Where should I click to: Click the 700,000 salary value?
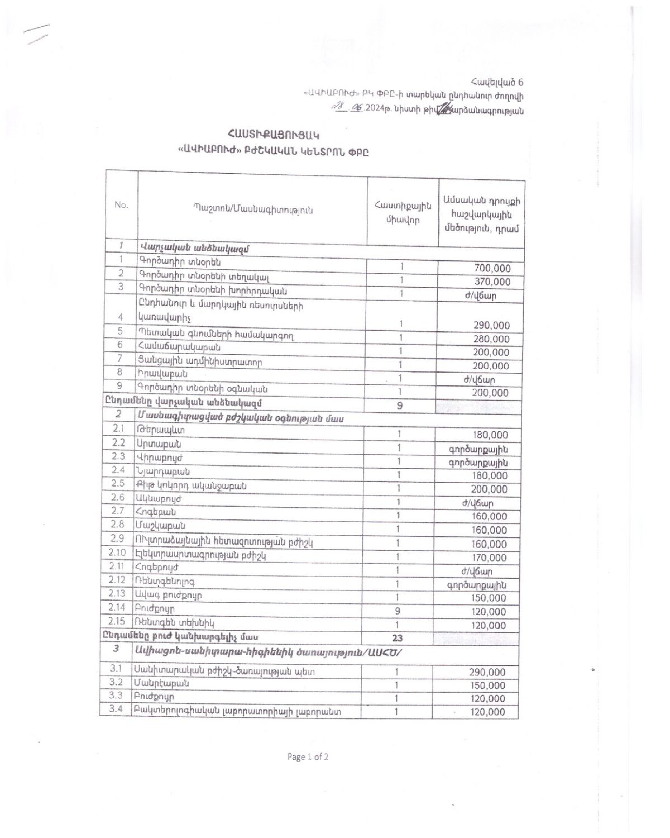click(x=492, y=268)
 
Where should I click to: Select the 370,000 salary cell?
click(x=492, y=282)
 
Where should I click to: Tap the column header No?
click(x=121, y=205)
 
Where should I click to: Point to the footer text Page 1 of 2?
click(x=308, y=757)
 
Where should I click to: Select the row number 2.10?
click(x=117, y=553)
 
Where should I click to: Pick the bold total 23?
click(x=397, y=638)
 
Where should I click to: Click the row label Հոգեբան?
click(x=156, y=512)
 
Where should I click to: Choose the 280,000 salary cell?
click(x=491, y=339)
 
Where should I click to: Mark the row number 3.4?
click(x=116, y=708)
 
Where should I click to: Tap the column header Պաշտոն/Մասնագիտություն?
click(x=253, y=210)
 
